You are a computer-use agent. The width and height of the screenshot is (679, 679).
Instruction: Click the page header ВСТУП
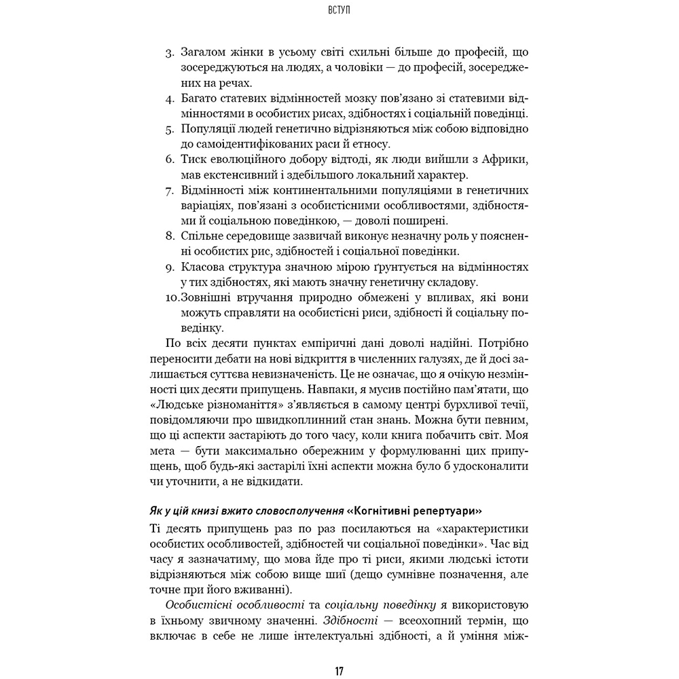click(x=339, y=11)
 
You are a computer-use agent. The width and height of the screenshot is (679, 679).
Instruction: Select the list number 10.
click(x=172, y=297)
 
